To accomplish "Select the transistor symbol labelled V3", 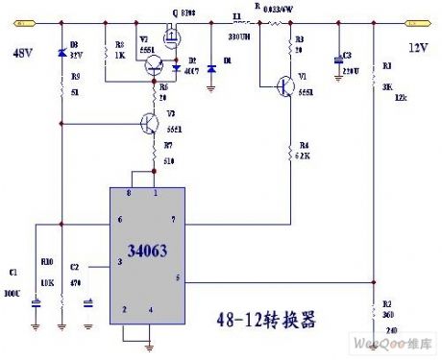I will pyautogui.click(x=149, y=124).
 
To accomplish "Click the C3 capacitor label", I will pyautogui.click(x=347, y=56).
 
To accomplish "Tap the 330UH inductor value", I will pyautogui.click(x=239, y=36).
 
